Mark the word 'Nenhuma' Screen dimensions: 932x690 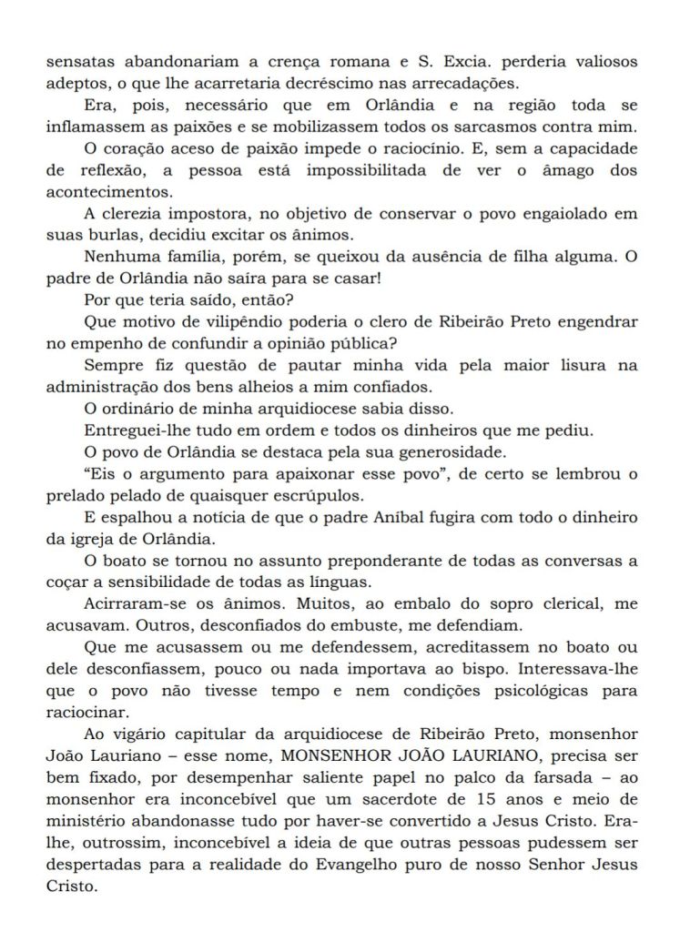point(119,258)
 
